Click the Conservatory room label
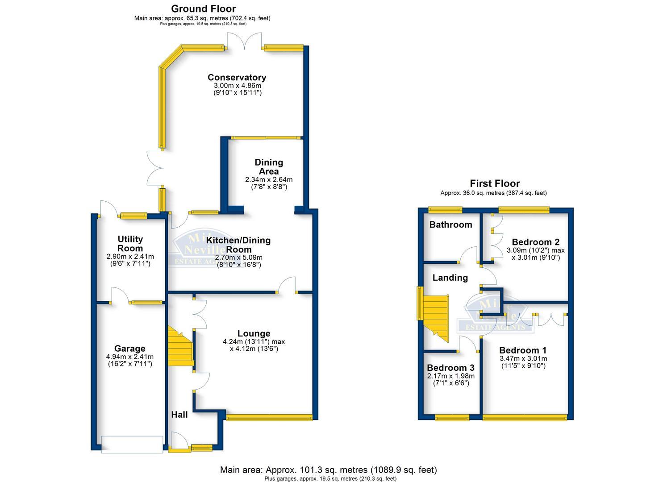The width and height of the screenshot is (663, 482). [237, 78]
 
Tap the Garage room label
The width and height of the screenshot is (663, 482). [129, 349]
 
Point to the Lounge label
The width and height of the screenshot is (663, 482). [254, 333]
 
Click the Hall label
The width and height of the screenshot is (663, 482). [179, 415]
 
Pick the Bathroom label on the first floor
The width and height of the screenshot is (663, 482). [450, 224]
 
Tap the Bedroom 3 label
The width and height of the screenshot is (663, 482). [450, 368]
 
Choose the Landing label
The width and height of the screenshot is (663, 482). [450, 278]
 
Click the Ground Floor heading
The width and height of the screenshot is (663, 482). [203, 8]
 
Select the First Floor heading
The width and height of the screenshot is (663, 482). [495, 183]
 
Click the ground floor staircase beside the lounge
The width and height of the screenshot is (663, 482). [180, 347]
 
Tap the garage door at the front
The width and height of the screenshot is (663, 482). [132, 444]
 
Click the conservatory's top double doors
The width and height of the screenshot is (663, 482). [244, 42]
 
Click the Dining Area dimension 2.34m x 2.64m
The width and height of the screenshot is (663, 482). [269, 179]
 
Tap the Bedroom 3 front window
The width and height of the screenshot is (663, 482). [452, 418]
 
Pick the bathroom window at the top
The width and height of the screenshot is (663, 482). [445, 209]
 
